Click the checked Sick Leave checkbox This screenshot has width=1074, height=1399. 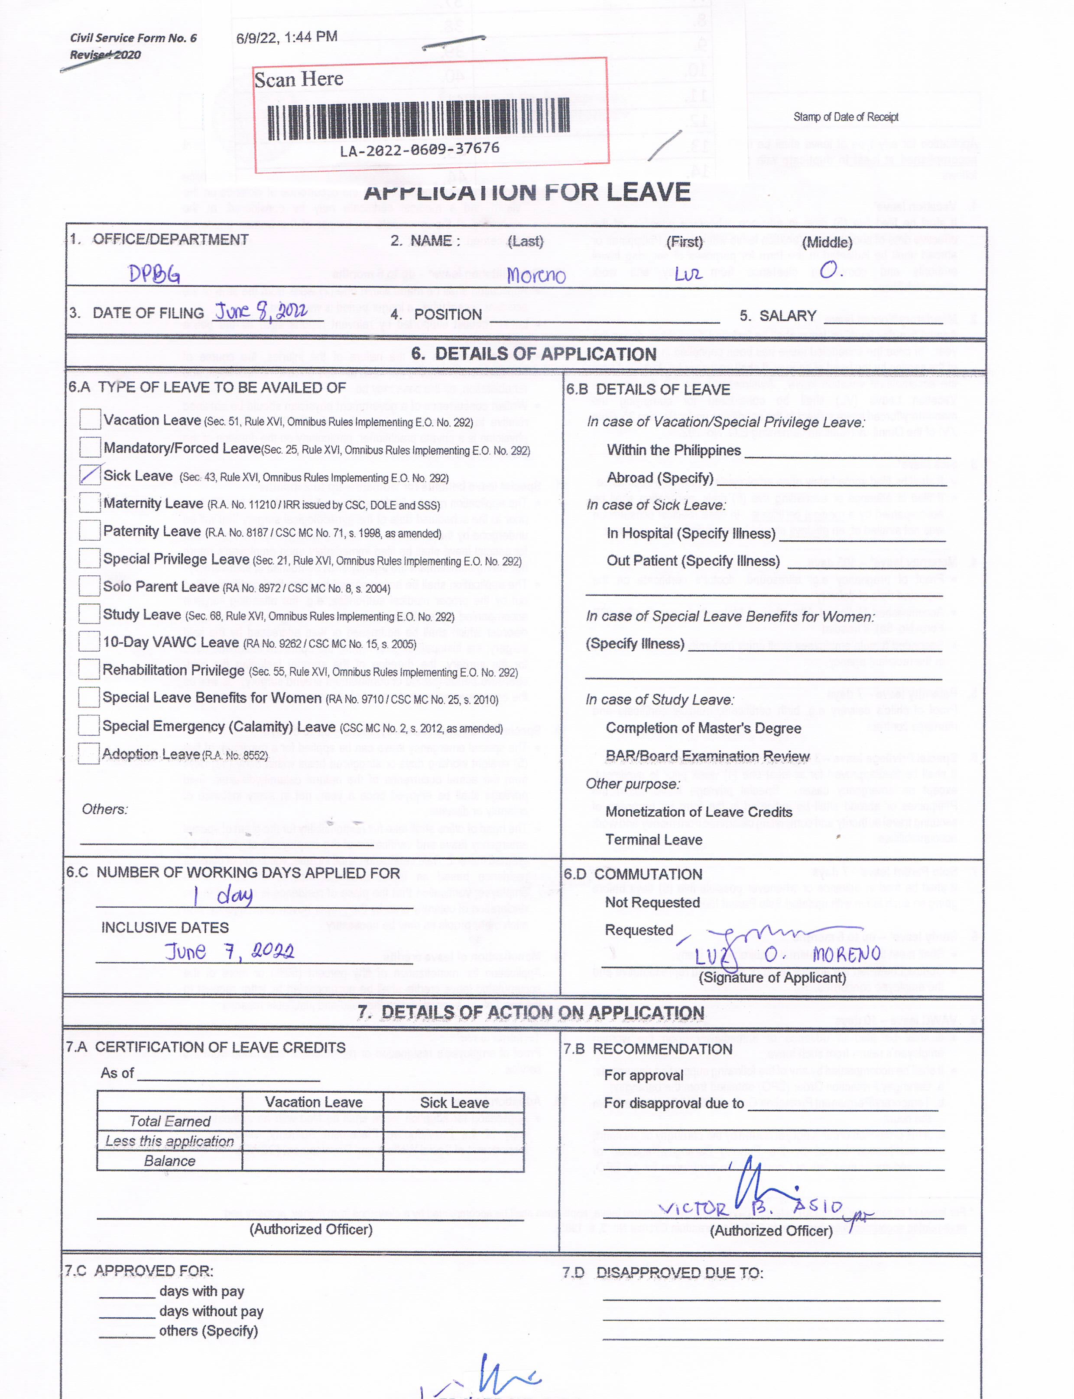[90, 474]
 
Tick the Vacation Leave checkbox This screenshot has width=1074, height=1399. [90, 419]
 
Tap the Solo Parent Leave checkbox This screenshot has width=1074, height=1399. [90, 586]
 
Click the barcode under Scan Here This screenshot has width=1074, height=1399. [419, 119]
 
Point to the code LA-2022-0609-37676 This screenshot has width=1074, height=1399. [419, 149]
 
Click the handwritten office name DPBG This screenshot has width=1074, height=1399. [154, 274]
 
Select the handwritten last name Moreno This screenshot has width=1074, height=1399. [536, 276]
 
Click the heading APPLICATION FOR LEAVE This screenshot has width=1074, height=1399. [527, 192]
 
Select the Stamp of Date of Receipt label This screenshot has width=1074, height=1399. [846, 117]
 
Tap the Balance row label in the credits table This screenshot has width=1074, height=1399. [169, 1161]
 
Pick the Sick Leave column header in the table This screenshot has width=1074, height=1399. [454, 1102]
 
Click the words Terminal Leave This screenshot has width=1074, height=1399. [653, 840]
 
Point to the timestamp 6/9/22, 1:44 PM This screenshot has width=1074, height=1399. [286, 37]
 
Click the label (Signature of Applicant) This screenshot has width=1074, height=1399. [772, 977]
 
